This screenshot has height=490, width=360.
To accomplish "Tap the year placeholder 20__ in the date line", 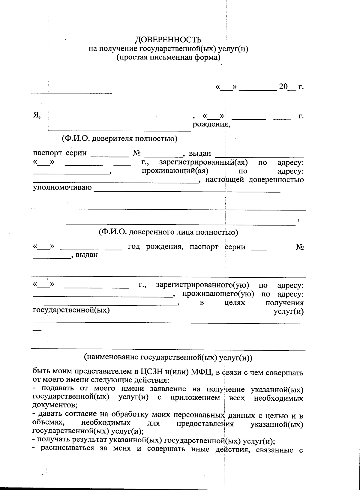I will point(287,87).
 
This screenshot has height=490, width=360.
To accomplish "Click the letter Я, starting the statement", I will point(37,115).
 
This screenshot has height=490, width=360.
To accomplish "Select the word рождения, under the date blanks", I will point(211,124).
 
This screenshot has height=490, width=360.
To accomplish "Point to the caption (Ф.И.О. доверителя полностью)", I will point(119,139).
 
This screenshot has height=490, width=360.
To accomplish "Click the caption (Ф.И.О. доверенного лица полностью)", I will point(168,232).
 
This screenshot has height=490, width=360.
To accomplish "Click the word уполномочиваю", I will point(62,188).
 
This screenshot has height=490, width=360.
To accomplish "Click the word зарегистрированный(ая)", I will point(203,163).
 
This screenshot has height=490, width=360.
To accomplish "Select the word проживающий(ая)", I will point(175,171).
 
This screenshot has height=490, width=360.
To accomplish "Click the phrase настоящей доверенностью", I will point(254,180).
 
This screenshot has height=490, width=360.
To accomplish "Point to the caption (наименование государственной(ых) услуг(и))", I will point(168,357).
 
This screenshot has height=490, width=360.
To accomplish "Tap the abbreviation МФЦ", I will point(200,372).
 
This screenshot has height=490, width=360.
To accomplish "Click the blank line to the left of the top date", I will point(72,92).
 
